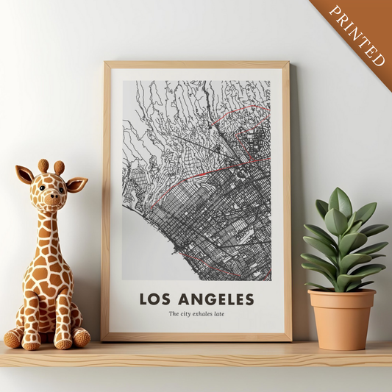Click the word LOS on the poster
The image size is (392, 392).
[157, 299]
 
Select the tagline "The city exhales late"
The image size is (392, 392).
[196, 315]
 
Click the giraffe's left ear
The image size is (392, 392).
[24, 175]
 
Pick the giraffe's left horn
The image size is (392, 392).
[43, 165]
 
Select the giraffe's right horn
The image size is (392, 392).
[59, 168]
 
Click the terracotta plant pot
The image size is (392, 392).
[341, 320]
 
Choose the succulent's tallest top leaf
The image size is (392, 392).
[340, 202]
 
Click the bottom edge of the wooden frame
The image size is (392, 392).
[196, 337]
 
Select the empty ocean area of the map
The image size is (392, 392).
[143, 250]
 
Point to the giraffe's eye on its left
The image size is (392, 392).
[41, 188]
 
